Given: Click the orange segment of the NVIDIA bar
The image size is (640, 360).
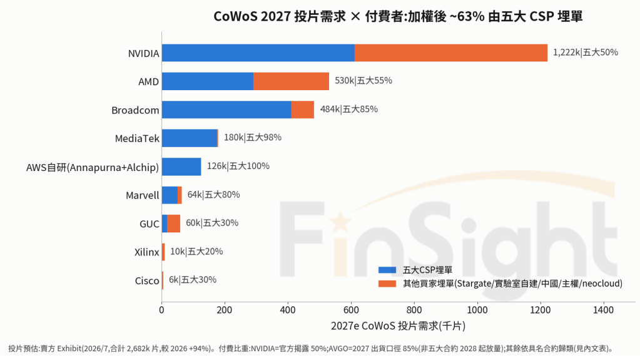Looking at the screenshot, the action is (451, 53).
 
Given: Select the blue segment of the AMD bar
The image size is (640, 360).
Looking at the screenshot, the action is (207, 81).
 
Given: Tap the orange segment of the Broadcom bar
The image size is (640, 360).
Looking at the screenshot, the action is (302, 110).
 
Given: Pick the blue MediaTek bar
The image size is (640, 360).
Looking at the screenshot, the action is (190, 138).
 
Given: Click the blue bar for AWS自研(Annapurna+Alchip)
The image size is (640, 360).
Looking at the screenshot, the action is (181, 167).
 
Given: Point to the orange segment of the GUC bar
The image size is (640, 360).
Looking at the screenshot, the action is (173, 224).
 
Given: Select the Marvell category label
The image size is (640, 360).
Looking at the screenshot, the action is (143, 195).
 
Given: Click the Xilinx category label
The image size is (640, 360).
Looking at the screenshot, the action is (147, 252).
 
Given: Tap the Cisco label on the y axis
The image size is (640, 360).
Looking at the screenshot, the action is (147, 280).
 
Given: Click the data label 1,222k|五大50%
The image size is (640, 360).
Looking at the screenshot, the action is (586, 53).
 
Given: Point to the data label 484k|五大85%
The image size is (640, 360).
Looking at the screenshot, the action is (349, 109).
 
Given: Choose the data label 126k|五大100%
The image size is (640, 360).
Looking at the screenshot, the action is (238, 166).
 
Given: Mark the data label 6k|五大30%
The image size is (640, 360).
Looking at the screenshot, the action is (193, 280).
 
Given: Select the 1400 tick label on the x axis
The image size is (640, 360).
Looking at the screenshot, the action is (603, 310).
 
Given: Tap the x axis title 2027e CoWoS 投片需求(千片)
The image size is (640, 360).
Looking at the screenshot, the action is (398, 326).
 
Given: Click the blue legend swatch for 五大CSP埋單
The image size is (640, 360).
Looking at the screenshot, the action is (387, 270).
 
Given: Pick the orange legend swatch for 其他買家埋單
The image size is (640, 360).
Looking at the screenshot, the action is (387, 284).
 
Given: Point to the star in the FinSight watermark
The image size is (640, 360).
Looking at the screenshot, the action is (340, 222).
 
